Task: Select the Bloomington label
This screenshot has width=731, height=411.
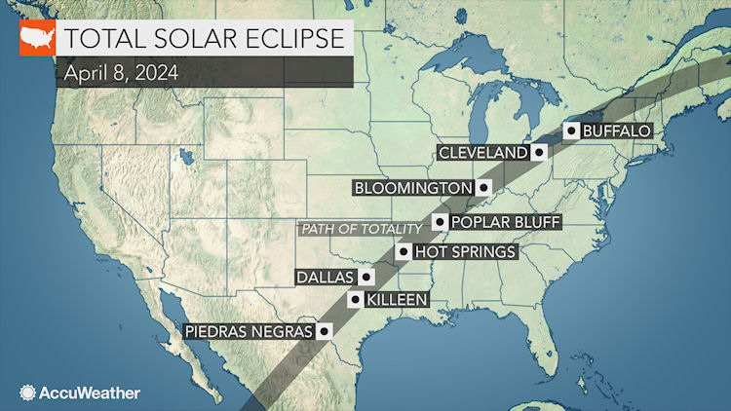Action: [x=414, y=186]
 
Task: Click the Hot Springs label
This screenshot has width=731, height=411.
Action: [x=464, y=252]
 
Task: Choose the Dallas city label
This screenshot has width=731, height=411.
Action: [x=326, y=277]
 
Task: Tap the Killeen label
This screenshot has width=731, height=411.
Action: [x=397, y=300]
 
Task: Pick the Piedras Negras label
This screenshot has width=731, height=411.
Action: [x=249, y=331]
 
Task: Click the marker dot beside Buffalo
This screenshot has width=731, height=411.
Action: [x=572, y=130]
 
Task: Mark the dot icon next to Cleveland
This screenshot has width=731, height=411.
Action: [x=538, y=153]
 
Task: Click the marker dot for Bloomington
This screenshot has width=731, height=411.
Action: [x=482, y=186]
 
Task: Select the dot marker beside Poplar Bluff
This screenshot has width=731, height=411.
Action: [x=440, y=222]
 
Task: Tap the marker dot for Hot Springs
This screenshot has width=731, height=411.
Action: [x=402, y=252]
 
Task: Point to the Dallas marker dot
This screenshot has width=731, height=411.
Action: [x=365, y=277]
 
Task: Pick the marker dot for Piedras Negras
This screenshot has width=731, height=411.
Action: [x=324, y=331]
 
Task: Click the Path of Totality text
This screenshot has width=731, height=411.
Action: [x=361, y=229]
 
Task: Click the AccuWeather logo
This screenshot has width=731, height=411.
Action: [x=80, y=392]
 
